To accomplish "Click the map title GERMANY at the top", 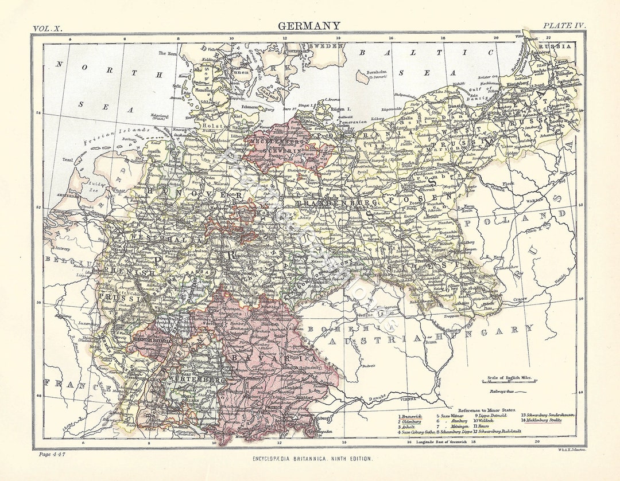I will click(x=309, y=26).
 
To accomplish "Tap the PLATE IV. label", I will click(x=564, y=26).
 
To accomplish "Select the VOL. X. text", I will click(x=50, y=28).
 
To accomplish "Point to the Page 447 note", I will click(x=52, y=454).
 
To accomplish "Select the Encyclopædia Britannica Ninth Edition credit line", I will click(x=312, y=459).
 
